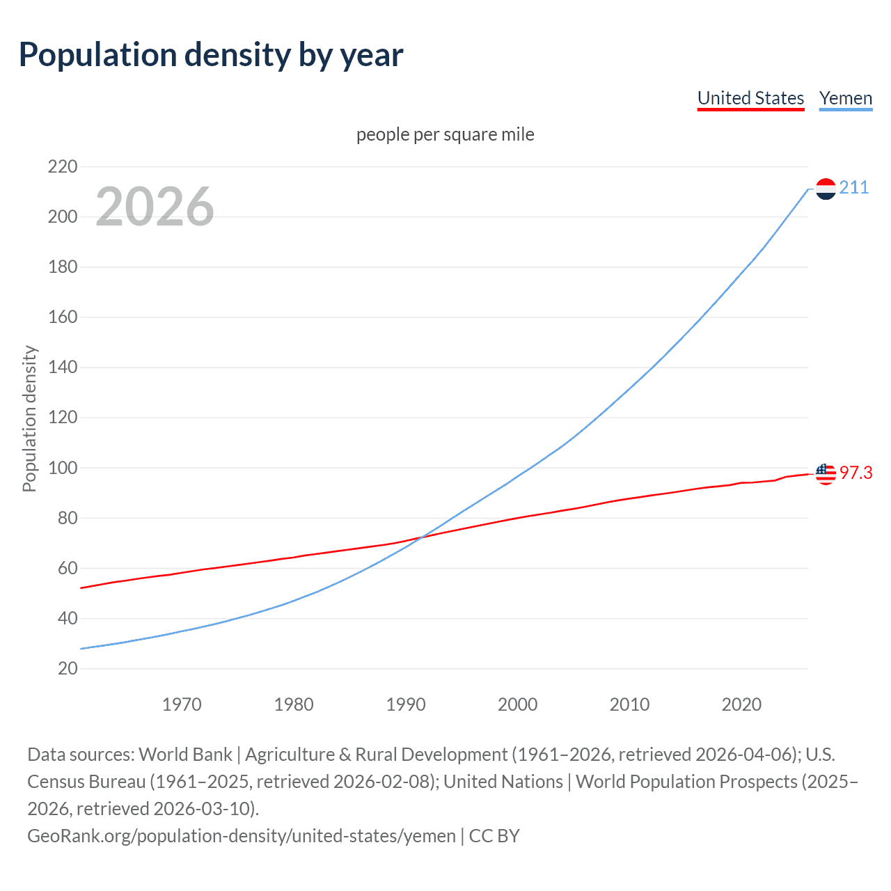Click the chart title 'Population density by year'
point(211,55)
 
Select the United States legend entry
point(750,98)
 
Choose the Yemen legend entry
point(845,98)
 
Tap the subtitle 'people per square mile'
point(445,134)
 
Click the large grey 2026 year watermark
point(155,207)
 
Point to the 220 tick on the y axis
point(63,166)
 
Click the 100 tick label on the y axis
point(63,468)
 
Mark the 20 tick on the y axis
point(68,668)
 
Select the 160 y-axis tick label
point(63,317)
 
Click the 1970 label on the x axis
point(182,704)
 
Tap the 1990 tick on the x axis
point(406,704)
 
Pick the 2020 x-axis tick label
point(741,704)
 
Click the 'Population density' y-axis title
point(29,419)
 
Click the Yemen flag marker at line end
point(826,189)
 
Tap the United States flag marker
point(826,473)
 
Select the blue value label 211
point(854,188)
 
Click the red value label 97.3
point(855,473)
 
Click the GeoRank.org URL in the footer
point(242,835)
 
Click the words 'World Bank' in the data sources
point(185,755)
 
